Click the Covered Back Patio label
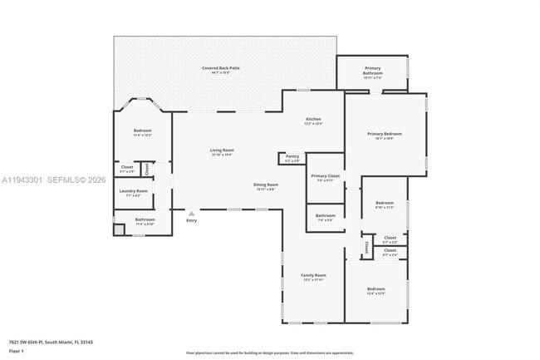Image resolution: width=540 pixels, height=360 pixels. click(220, 67)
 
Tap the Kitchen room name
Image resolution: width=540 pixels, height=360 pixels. click(312, 119)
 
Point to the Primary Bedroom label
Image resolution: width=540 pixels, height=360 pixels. click(385, 134)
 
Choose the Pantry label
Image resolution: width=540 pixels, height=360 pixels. click(292, 155)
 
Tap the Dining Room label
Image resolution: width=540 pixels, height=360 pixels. click(266, 185)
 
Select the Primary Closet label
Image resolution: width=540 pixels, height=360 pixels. click(325, 175)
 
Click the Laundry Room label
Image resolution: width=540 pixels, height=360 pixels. click(133, 191)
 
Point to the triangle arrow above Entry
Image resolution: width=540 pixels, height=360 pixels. click(191, 213)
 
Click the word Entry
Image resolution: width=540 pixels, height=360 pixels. click(191, 220)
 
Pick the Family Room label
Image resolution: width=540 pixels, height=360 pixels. click(313, 275)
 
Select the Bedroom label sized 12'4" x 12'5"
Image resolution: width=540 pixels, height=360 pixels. click(376, 288)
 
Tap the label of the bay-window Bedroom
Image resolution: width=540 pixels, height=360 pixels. click(142, 131)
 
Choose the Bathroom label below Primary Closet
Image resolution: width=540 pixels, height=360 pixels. click(325, 216)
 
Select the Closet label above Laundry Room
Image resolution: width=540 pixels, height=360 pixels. click(127, 167)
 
